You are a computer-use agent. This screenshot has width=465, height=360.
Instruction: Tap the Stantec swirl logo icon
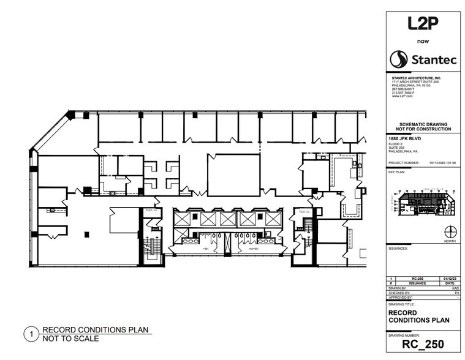399,59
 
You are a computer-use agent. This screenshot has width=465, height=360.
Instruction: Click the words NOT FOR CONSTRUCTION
420,129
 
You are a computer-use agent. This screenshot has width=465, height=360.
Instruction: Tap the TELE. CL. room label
301,211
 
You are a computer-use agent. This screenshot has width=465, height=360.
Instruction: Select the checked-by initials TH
453,293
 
